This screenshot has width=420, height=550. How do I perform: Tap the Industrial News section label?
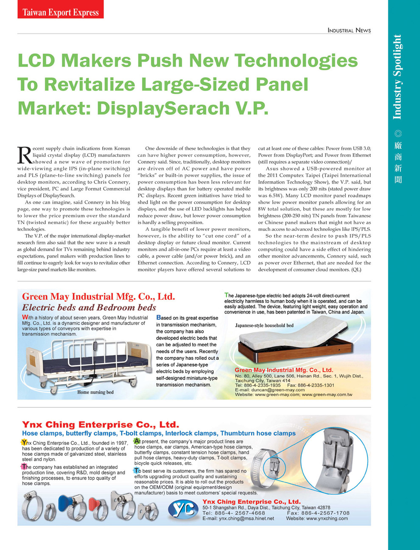point(349,30)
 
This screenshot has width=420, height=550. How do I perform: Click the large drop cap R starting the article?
point(24,155)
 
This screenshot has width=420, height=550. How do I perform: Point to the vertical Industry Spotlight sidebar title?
point(397,77)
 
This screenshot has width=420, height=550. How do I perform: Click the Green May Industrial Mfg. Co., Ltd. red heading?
point(98,297)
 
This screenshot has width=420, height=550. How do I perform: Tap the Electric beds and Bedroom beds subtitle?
point(89,308)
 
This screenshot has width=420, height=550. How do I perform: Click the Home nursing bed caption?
point(95,392)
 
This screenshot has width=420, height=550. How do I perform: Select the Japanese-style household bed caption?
point(264,326)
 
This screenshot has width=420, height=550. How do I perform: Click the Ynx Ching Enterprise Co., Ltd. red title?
point(101,425)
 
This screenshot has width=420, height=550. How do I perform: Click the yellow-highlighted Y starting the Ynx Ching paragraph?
point(24,443)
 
